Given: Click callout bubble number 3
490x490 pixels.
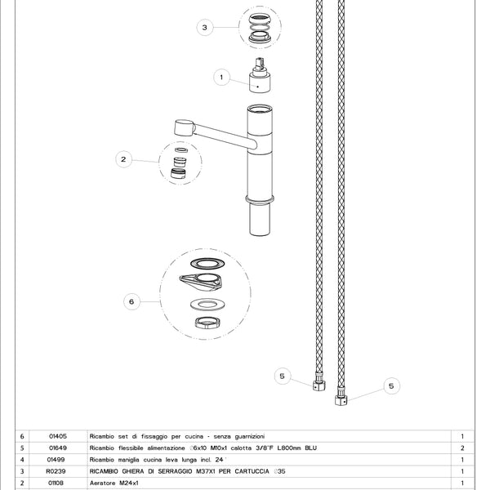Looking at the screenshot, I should (205, 27).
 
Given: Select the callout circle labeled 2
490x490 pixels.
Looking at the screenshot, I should (123, 160).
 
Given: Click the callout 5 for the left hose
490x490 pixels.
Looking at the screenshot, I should (282, 376).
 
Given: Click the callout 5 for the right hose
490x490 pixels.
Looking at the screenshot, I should (390, 385).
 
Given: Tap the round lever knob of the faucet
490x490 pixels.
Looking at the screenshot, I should (184, 128).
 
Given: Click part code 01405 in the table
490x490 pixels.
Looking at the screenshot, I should (57, 437).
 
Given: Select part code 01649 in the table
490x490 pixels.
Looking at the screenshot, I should (57, 448).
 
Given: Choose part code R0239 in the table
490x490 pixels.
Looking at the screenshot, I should (57, 471).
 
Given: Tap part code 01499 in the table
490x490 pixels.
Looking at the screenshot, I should (57, 460).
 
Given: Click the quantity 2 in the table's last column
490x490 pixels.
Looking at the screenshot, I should (463, 448).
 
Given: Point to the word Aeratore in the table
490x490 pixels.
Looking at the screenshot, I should (104, 483).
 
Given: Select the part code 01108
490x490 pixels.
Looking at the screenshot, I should (57, 483).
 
